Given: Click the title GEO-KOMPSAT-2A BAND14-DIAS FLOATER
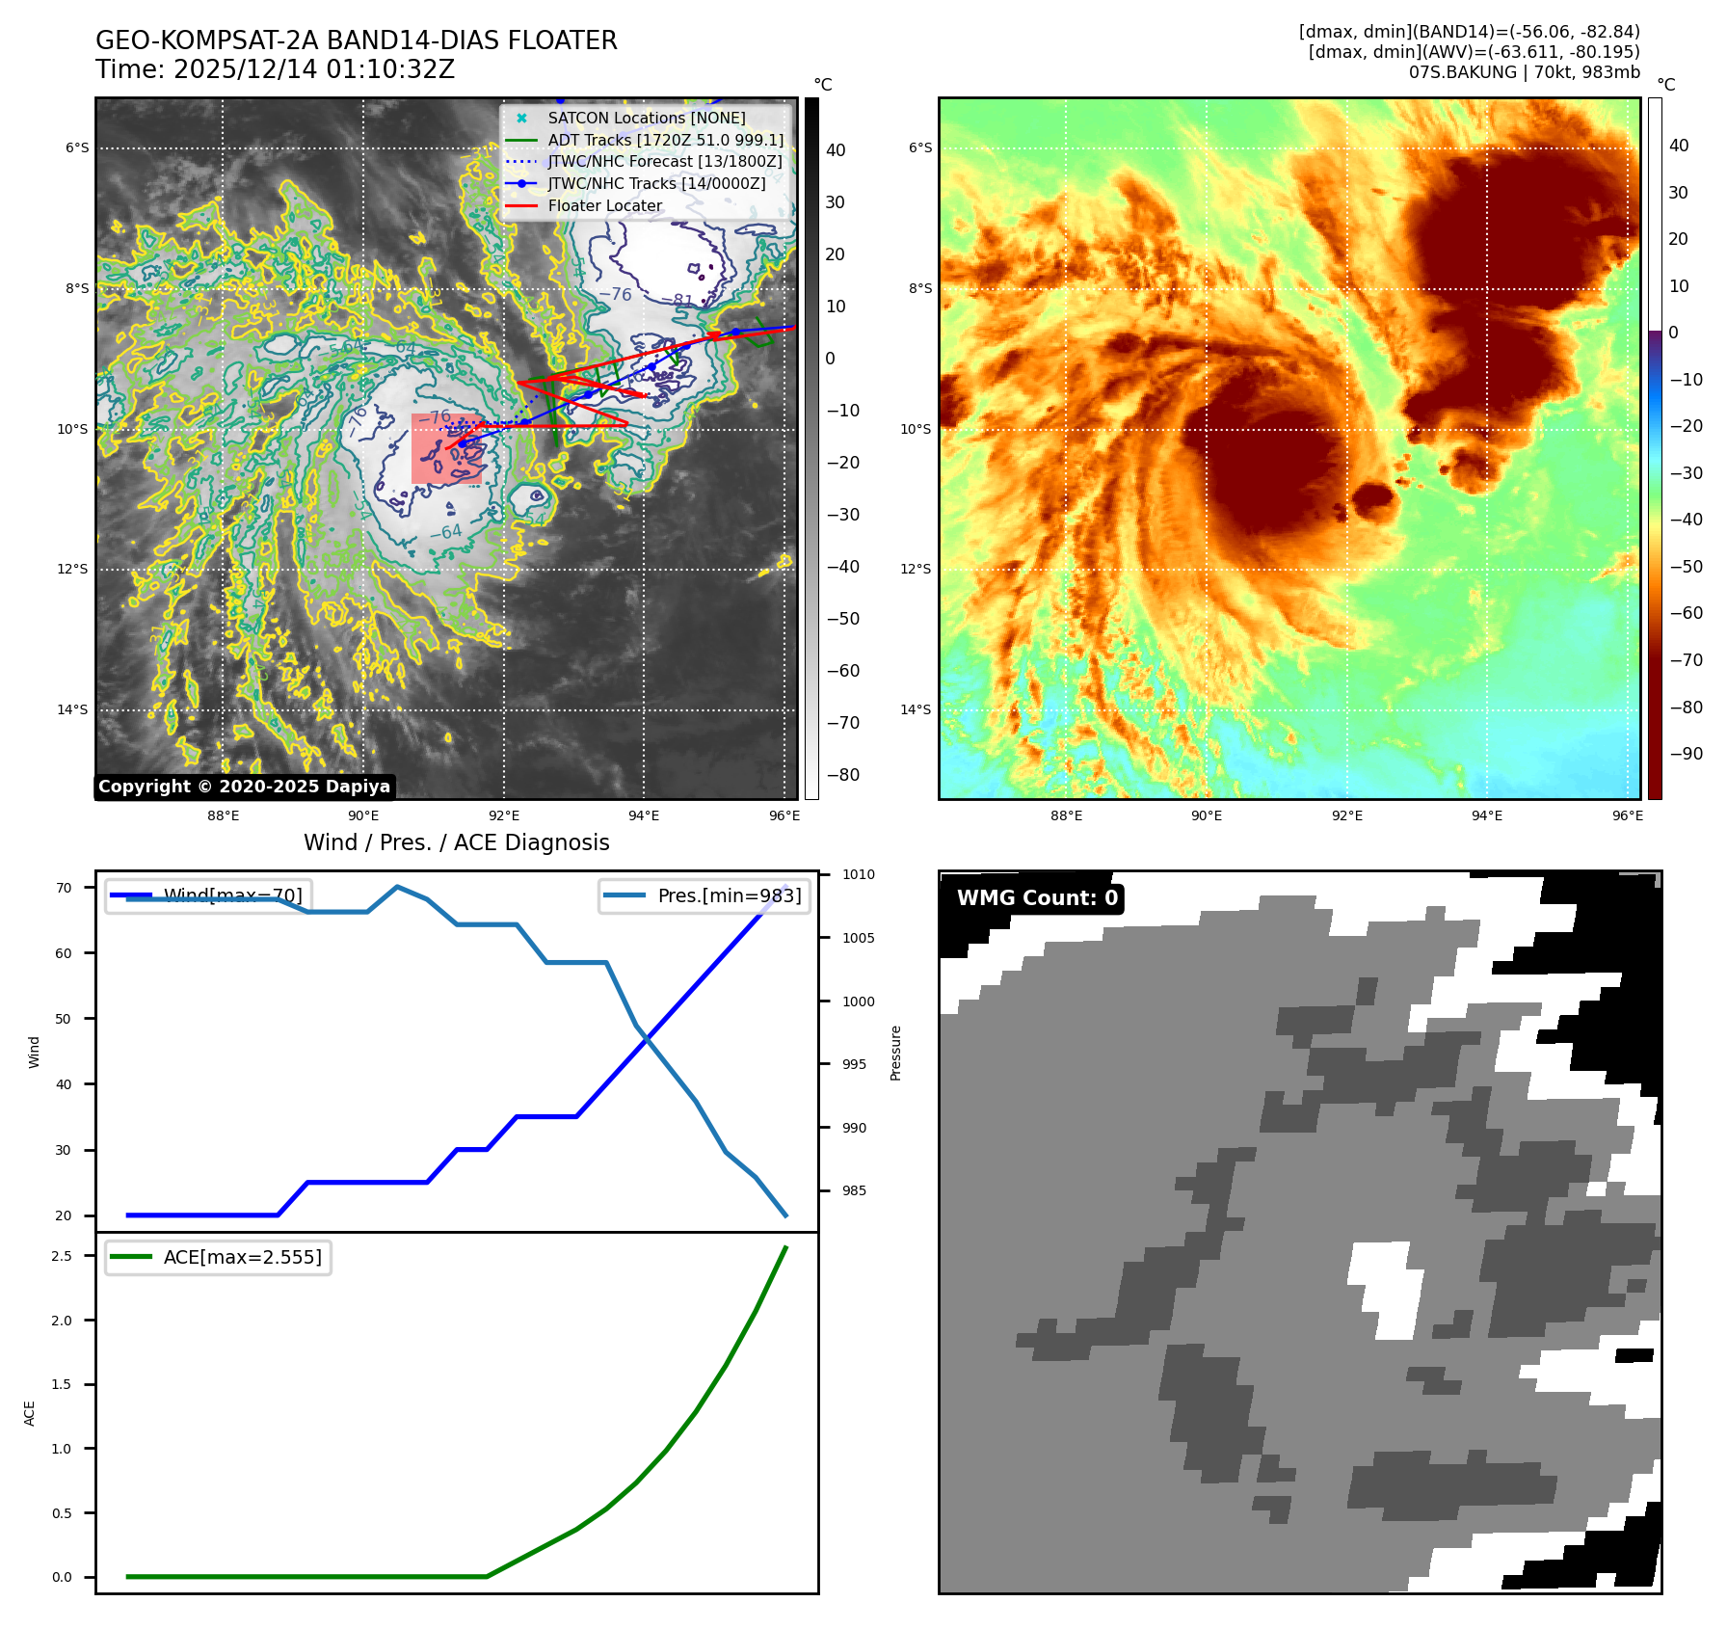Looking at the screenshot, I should click(x=356, y=40).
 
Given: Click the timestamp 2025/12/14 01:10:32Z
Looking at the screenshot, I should click(x=313, y=69).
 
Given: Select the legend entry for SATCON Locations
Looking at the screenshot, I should click(x=646, y=118).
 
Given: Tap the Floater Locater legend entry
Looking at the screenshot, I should click(x=604, y=205).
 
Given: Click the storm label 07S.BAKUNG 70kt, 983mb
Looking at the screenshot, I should click(x=1524, y=72).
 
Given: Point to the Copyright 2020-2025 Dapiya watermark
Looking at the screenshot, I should click(x=244, y=787).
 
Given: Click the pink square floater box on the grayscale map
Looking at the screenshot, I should click(x=445, y=449).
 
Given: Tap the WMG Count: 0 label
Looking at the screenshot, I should click(x=1037, y=898).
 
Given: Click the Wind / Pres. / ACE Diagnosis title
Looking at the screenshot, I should click(x=456, y=842).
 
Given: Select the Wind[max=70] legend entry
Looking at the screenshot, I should click(x=232, y=895).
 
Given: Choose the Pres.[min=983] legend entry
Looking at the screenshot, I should click(x=729, y=895).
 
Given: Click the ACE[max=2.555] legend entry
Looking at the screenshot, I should click(x=242, y=1257).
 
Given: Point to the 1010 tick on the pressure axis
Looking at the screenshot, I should click(x=858, y=875).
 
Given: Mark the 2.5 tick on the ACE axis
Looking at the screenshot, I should click(x=62, y=1256).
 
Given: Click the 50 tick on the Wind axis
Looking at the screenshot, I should click(x=64, y=1019).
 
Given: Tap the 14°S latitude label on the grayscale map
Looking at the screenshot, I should click(x=72, y=710).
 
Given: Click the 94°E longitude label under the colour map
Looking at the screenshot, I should click(x=1486, y=815).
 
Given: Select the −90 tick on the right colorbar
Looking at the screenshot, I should click(x=1686, y=754).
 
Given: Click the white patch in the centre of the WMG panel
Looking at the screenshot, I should click(x=1388, y=1287).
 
